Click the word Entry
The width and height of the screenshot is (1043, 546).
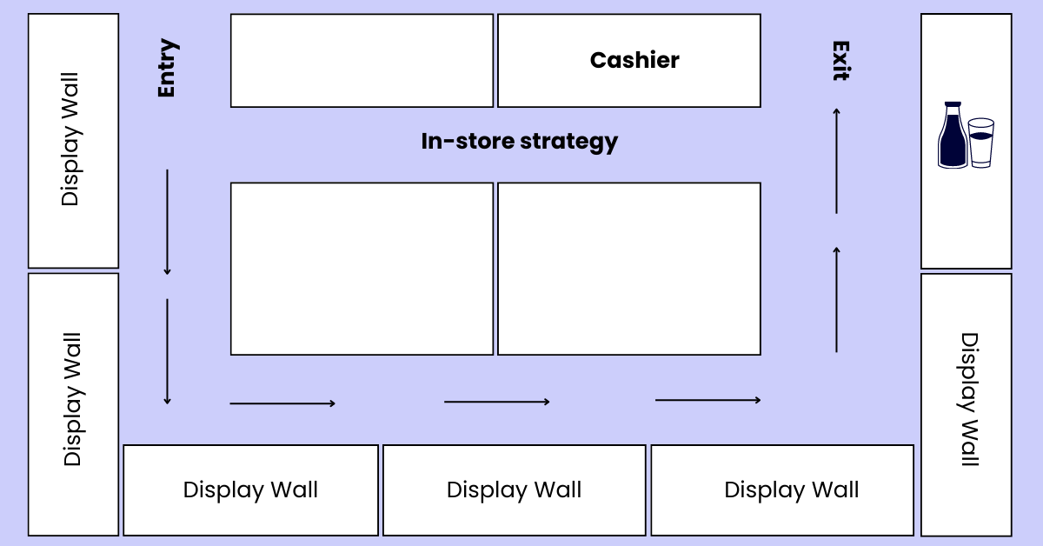pos(167,68)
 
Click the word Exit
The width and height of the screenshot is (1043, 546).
pos(840,61)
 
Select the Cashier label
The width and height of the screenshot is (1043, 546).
pos(634,60)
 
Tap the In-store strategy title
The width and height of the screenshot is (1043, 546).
pos(519,141)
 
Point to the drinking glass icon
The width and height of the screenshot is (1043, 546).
pos(981,143)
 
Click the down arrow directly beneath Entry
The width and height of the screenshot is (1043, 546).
pos(167,223)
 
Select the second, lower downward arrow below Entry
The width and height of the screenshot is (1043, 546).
pos(167,352)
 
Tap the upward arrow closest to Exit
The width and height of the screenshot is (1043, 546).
pos(836,160)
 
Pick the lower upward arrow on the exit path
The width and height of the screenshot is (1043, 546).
pos(836,299)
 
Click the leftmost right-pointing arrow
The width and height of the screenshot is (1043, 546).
pos(282,403)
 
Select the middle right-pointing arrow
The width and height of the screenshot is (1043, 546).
pos(497,402)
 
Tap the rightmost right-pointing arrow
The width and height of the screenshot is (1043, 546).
pos(708,400)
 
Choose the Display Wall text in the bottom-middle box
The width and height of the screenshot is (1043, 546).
pos(514,490)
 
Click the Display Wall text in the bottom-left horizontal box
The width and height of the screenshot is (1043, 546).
pos(250,490)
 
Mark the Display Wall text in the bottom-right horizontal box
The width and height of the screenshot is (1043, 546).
pos(791,490)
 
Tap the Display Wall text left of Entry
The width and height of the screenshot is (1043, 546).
pos(70,139)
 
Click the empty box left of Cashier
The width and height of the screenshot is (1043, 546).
pos(362,60)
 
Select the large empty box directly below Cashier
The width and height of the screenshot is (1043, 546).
pos(629,269)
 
